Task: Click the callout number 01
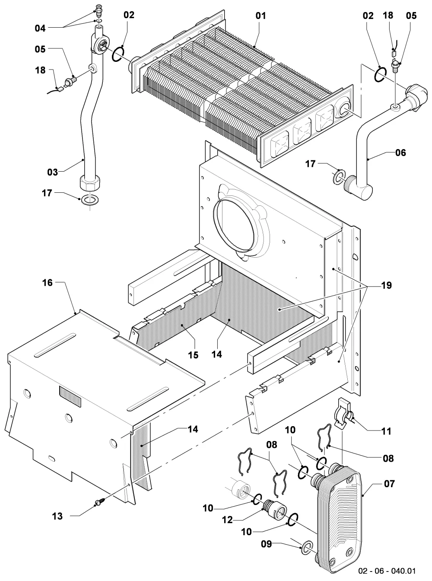pos(260,16)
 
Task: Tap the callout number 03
pos(52,172)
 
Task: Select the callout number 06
pos(400,153)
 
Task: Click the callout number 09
pos(267,544)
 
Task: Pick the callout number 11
pos(386,431)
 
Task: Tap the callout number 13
pos(57,516)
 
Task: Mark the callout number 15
pos(193,355)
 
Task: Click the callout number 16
pos(48,283)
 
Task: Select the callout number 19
pos(387,285)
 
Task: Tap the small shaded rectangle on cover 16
pos(70,396)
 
